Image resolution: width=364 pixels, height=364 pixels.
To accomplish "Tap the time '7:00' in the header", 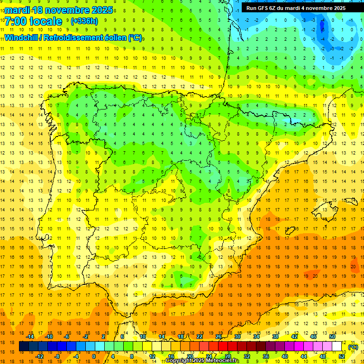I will pyautogui.click(x=17, y=21).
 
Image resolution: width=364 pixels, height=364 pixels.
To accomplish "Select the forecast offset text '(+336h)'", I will pyautogui.click(x=84, y=21).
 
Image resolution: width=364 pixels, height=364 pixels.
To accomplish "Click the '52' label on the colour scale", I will pyautogui.click(x=342, y=356).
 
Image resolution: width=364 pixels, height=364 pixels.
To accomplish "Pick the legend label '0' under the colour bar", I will pyautogui.click(x=93, y=356).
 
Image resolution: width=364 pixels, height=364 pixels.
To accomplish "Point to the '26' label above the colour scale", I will pyautogui.click(x=218, y=337).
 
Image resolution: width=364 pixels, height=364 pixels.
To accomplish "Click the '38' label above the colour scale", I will pyautogui.click(x=275, y=337).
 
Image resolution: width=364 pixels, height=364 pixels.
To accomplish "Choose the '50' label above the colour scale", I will pyautogui.click(x=332, y=337).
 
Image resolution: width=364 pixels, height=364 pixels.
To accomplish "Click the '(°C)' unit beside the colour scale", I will pyautogui.click(x=353, y=347).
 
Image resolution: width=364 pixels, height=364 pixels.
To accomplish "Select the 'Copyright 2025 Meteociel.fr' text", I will pyautogui.click(x=202, y=361).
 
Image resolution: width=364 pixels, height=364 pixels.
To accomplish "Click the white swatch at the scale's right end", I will pyautogui.click(x=337, y=346).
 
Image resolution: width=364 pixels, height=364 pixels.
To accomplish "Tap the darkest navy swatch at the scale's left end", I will pyautogui.click(x=24, y=346).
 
